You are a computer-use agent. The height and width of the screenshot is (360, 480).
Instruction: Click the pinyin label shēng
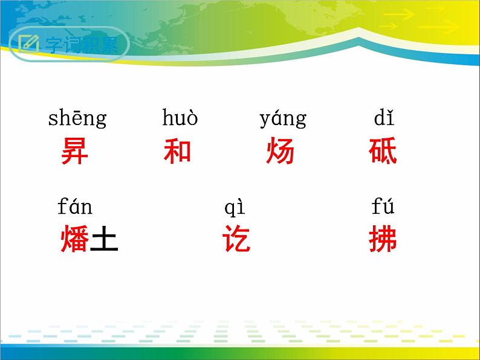[77, 119]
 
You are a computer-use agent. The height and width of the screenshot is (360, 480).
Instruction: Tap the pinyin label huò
[180, 118]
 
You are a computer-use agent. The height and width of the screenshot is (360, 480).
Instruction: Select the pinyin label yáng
[282, 119]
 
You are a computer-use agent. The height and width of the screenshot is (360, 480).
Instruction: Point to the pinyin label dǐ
[383, 118]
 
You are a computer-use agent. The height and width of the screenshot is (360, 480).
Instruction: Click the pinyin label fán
[75, 207]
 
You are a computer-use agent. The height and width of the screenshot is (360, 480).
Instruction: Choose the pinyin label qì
[235, 208]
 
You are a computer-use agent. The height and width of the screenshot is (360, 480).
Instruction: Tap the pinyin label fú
[383, 207]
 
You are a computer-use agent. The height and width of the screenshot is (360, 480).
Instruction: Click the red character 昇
[74, 152]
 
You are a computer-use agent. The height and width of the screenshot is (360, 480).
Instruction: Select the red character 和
[177, 152]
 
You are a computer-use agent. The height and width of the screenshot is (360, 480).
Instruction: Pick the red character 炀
[280, 152]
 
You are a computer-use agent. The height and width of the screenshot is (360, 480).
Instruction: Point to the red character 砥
[383, 152]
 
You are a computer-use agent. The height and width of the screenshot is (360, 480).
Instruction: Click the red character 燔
[74, 240]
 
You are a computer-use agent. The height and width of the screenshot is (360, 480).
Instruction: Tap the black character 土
[103, 240]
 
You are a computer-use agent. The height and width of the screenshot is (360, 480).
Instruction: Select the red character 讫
[236, 240]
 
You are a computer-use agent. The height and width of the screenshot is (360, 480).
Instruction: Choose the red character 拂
[383, 240]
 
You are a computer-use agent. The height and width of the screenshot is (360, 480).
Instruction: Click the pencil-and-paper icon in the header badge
[28, 43]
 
